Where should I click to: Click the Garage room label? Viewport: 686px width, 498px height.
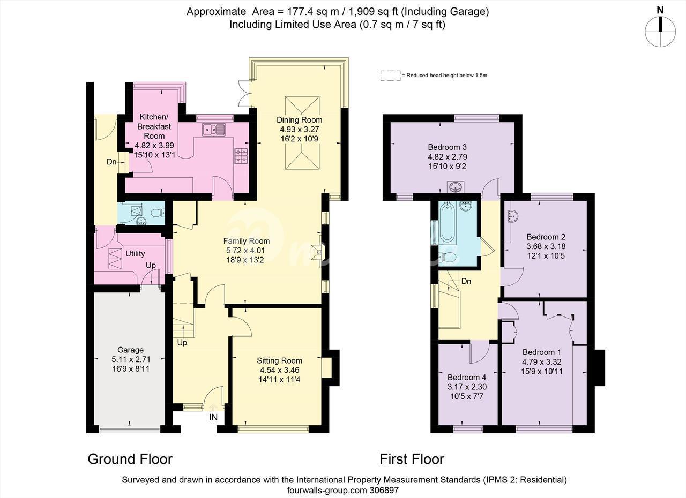pos(130,350)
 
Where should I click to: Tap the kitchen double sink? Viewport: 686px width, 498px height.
pos(213,130)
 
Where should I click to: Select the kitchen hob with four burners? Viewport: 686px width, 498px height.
pos(242,155)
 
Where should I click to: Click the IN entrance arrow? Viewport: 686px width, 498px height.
pos(213,407)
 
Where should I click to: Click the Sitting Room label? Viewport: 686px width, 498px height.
pos(279,361)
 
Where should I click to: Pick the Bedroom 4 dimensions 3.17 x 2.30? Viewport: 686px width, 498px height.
pos(467,387)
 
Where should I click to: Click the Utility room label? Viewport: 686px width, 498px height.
pos(135,254)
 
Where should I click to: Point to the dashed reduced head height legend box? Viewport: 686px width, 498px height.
pos(391,76)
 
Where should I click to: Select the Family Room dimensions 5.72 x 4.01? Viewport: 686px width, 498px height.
pos(245,251)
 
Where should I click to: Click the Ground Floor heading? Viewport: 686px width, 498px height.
pos(130,459)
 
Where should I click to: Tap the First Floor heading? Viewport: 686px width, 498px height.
pos(412,459)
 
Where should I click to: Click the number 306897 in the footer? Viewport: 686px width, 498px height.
pos(384,491)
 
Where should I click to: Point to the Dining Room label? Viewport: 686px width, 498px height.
pos(299,120)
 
